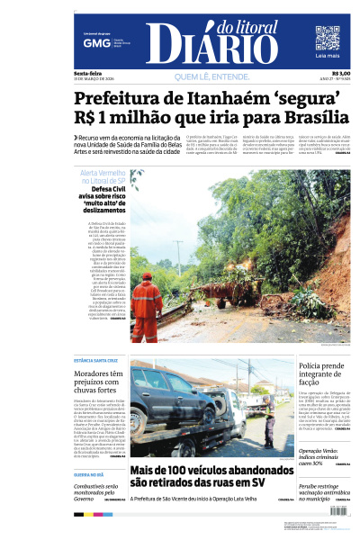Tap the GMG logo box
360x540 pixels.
91,42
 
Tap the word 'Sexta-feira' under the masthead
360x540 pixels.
87,73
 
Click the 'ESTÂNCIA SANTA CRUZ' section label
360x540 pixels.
96,359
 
